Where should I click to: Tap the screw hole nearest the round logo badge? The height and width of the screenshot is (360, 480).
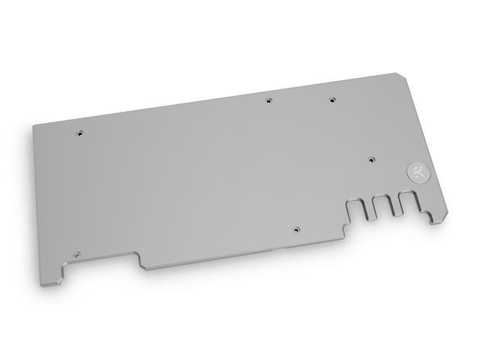(371, 160)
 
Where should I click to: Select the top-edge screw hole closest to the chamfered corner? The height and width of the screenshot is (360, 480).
(330, 99)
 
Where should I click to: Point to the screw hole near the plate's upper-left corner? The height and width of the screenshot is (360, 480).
(80, 133)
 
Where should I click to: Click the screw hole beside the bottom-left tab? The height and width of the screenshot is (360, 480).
(76, 253)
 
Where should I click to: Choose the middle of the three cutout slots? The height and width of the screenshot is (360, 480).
(382, 206)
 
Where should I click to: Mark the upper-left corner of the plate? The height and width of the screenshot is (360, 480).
(34, 125)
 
